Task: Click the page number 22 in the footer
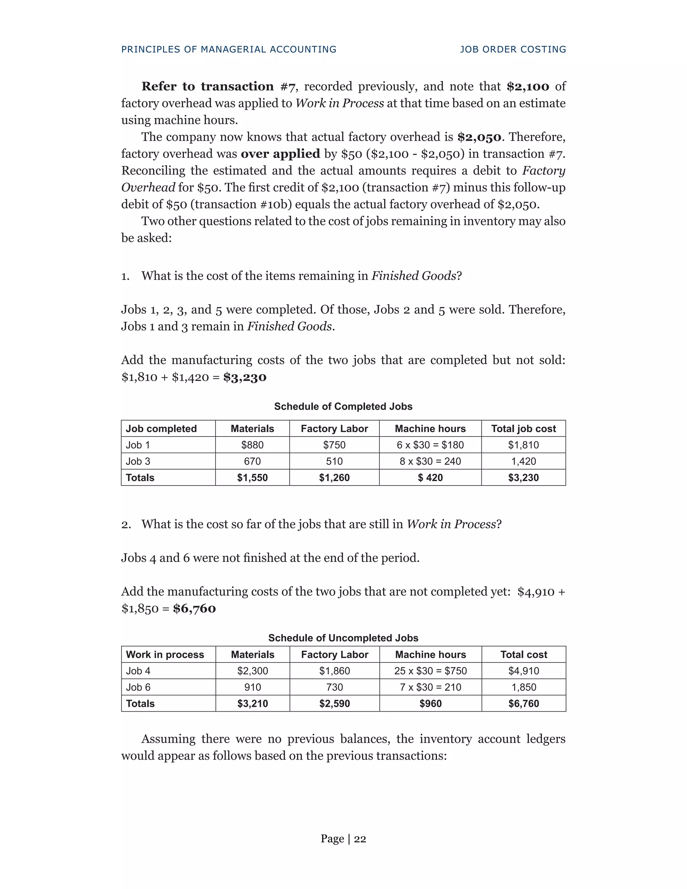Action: click(x=360, y=839)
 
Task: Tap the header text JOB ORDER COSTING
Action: click(x=513, y=49)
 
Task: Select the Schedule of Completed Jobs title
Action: click(x=343, y=406)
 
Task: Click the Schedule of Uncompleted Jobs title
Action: click(x=343, y=638)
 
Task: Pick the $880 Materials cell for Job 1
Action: click(x=252, y=445)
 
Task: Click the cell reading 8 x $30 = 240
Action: click(x=430, y=461)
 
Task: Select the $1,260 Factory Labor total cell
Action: click(x=334, y=477)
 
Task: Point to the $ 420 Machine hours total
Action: click(x=430, y=477)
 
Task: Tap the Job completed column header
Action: click(x=161, y=429)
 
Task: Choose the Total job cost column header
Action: click(x=523, y=429)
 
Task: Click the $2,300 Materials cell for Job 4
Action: click(x=252, y=671)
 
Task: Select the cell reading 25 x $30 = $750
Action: click(x=430, y=671)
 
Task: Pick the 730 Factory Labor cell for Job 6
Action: click(x=334, y=687)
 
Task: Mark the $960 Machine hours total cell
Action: click(x=430, y=703)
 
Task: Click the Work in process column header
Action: click(x=165, y=655)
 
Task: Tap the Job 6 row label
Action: click(x=139, y=687)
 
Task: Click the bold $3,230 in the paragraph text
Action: click(x=245, y=377)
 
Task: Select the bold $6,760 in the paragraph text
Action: click(x=194, y=609)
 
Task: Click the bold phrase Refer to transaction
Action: click(x=208, y=86)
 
